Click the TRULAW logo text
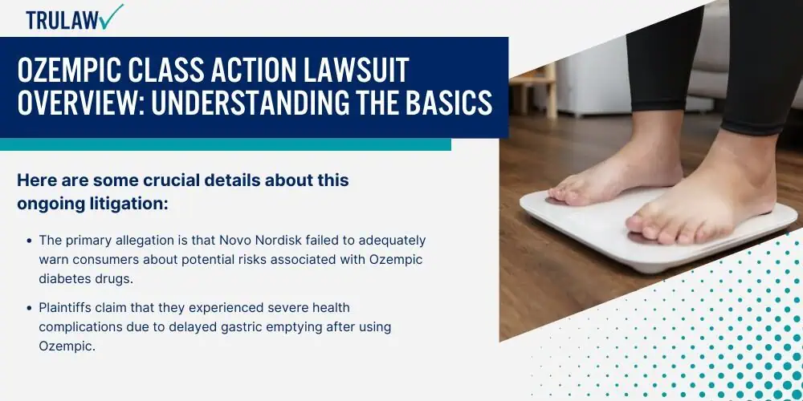(x=63, y=21)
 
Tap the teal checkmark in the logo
(x=112, y=16)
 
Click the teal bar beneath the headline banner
(x=226, y=144)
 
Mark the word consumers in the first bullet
(x=107, y=259)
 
